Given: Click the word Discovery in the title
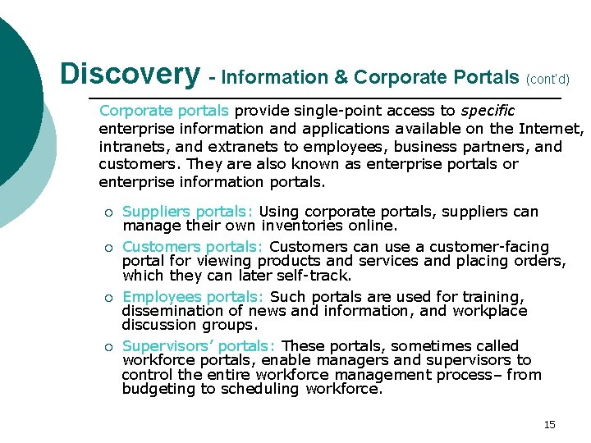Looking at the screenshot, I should tap(130, 75).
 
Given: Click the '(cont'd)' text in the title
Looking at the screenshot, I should tap(547, 80).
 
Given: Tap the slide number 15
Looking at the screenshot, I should tap(549, 424).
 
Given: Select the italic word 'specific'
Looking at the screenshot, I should tap(488, 110).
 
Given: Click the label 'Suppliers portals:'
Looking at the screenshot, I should tap(188, 212).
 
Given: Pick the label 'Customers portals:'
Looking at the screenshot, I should tap(193, 247).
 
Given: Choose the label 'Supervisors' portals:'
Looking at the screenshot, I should tap(199, 346).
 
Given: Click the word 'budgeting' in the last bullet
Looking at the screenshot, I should tap(158, 390).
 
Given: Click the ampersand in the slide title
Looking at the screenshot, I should tap(341, 78).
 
